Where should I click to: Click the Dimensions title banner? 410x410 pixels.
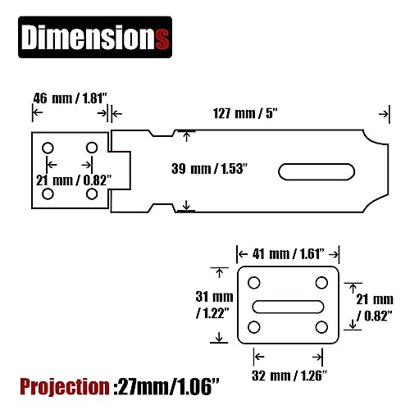(95, 37)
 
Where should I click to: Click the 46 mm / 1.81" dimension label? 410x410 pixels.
(70, 98)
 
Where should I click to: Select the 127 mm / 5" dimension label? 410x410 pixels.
(245, 113)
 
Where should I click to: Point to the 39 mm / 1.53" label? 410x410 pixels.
(209, 169)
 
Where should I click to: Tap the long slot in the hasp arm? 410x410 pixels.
(317, 172)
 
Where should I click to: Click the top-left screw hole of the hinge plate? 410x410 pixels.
(48, 148)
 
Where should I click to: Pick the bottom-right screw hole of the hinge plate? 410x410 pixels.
(92, 194)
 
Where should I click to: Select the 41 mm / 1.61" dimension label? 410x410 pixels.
(289, 254)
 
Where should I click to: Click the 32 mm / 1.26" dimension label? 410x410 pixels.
(289, 376)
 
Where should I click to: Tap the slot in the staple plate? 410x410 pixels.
(288, 307)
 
